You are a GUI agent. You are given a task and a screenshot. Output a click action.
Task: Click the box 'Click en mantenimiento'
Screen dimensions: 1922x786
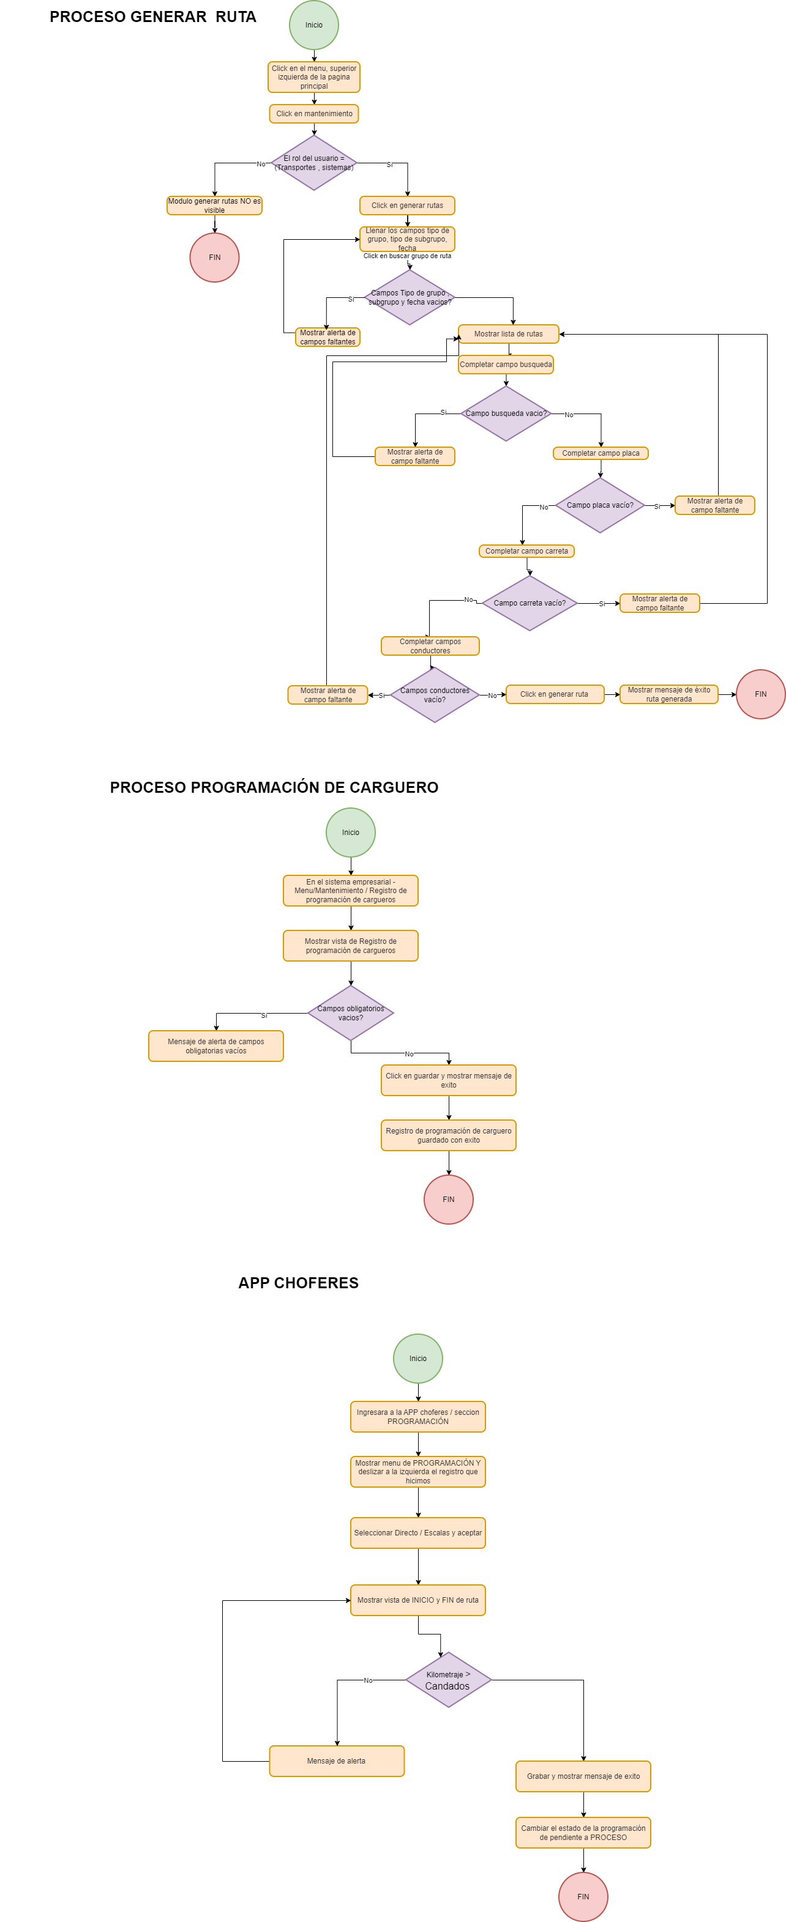tap(313, 113)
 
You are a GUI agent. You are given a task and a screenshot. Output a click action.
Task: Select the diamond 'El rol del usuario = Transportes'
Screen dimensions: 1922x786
tap(313, 163)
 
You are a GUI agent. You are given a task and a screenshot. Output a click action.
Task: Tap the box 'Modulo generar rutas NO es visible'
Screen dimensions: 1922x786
tap(214, 205)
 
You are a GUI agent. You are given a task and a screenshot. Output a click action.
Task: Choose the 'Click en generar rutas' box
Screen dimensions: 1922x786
tap(407, 205)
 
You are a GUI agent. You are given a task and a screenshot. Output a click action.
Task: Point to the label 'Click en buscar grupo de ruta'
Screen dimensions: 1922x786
tap(407, 256)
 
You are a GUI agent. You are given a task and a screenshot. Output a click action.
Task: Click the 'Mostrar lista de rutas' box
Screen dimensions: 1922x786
tap(508, 333)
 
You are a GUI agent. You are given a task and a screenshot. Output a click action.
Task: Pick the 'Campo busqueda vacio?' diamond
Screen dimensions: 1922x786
tap(506, 414)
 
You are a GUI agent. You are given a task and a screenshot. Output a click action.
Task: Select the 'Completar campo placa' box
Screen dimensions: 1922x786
tap(600, 453)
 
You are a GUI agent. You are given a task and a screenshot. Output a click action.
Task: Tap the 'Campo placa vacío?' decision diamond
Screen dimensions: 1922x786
tap(599, 505)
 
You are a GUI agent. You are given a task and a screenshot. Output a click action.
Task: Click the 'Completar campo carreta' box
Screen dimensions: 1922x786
tap(526, 551)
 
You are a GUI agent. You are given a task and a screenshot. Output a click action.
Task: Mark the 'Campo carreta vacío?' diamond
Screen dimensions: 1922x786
tap(530, 603)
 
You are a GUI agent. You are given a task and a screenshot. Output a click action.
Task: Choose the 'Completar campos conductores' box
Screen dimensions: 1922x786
tap(430, 646)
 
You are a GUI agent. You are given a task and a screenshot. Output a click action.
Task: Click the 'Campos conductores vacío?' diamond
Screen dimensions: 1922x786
tap(435, 695)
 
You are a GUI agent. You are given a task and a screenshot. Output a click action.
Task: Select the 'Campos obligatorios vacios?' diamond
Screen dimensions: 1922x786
tap(350, 1012)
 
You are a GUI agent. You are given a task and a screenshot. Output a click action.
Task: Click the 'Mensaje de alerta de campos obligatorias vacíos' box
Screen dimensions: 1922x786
tap(215, 1046)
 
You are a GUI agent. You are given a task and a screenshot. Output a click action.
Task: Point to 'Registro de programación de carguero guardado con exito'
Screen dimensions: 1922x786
tap(448, 1135)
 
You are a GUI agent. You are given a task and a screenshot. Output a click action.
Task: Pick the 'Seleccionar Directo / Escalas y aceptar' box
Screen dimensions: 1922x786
tap(417, 1532)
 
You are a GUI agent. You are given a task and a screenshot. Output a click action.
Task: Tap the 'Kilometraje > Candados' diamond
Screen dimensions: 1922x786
tap(448, 1680)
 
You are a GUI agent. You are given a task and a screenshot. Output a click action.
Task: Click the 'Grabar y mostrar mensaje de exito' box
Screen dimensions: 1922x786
tap(583, 1776)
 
